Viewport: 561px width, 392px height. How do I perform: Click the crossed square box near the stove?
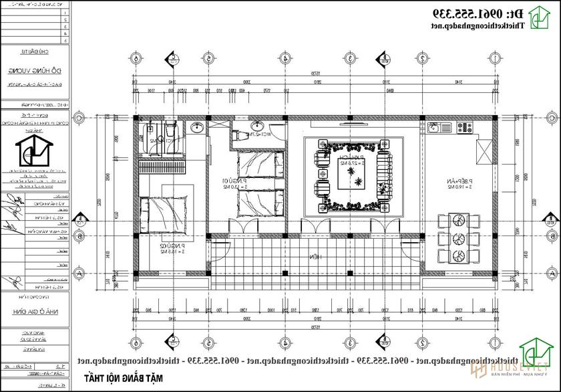pyautogui.click(x=485, y=150)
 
